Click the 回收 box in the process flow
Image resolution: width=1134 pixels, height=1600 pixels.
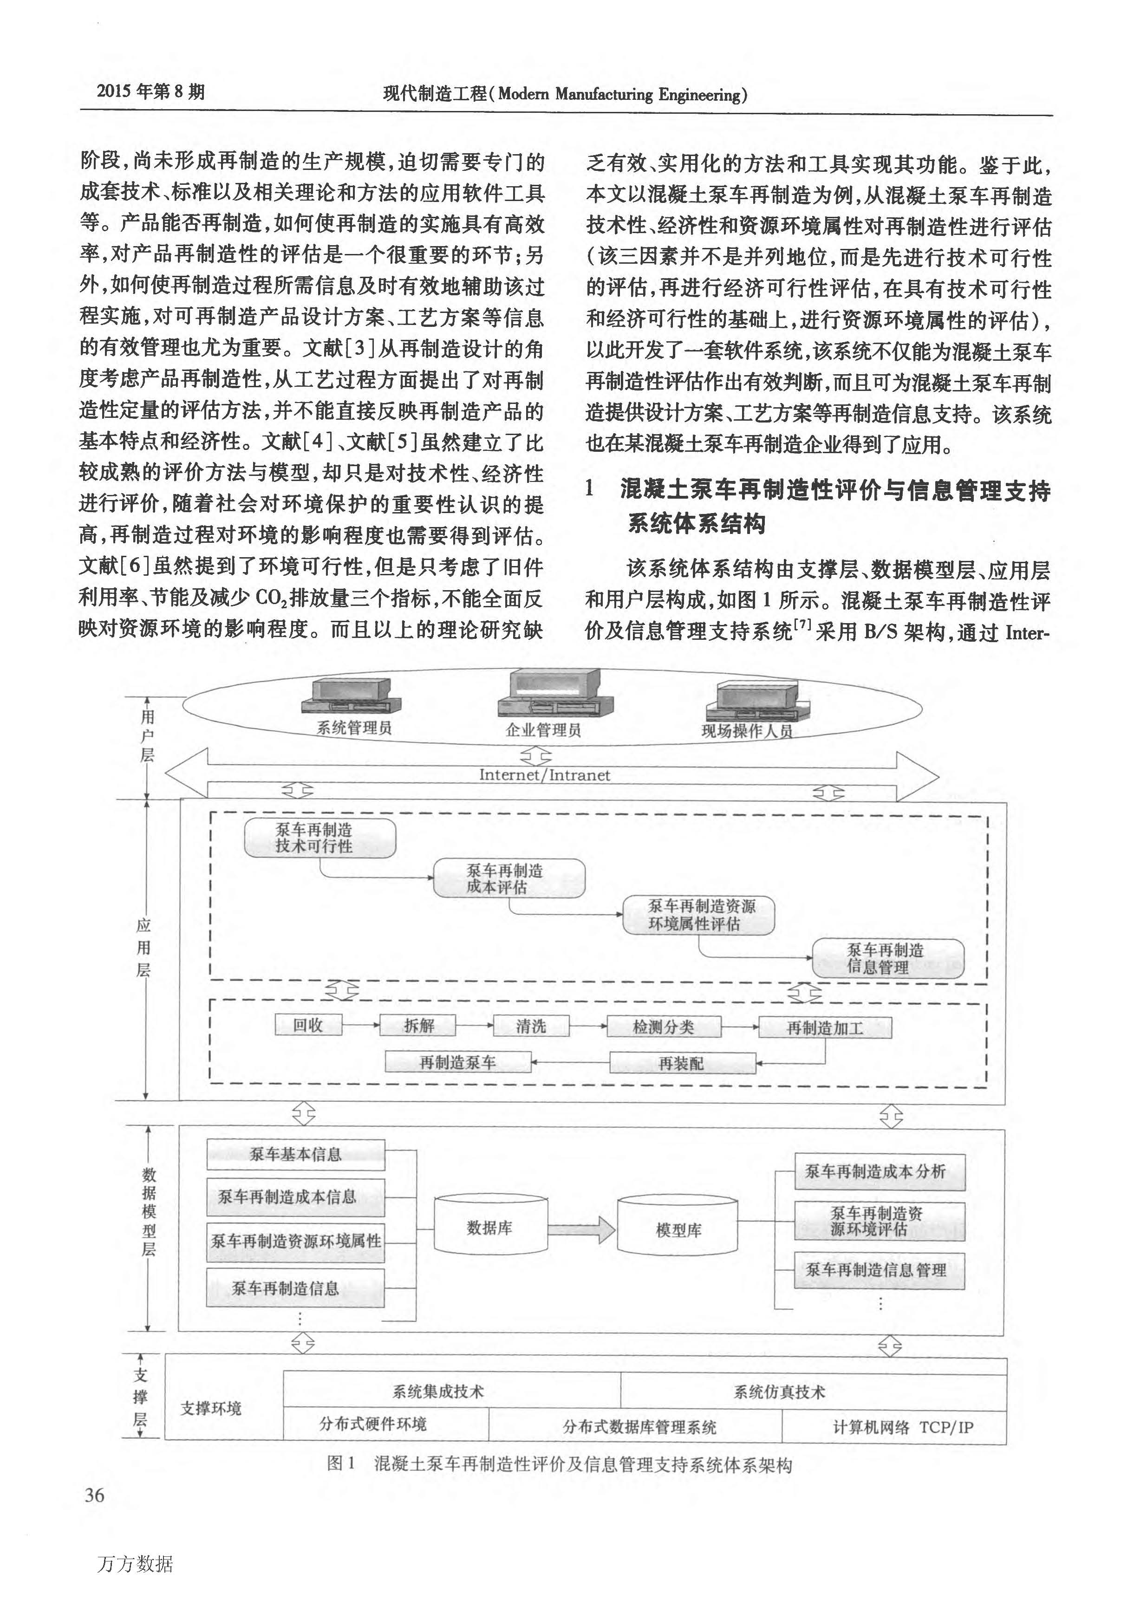pos(308,1026)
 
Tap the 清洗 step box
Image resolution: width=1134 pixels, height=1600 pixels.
pos(531,1026)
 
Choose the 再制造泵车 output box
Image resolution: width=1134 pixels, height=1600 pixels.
pos(457,1062)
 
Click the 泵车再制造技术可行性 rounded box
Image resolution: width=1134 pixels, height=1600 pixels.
pos(320,838)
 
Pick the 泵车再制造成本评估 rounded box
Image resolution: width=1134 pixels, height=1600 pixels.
pos(508,878)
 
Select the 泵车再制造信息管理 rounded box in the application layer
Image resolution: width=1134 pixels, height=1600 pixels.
pos(887,958)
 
